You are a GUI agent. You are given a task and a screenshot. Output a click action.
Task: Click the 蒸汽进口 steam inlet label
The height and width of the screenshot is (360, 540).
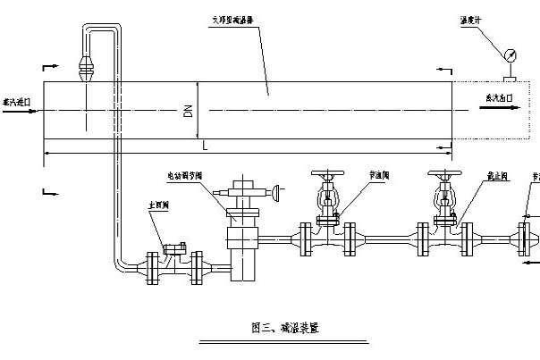click(x=17, y=103)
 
